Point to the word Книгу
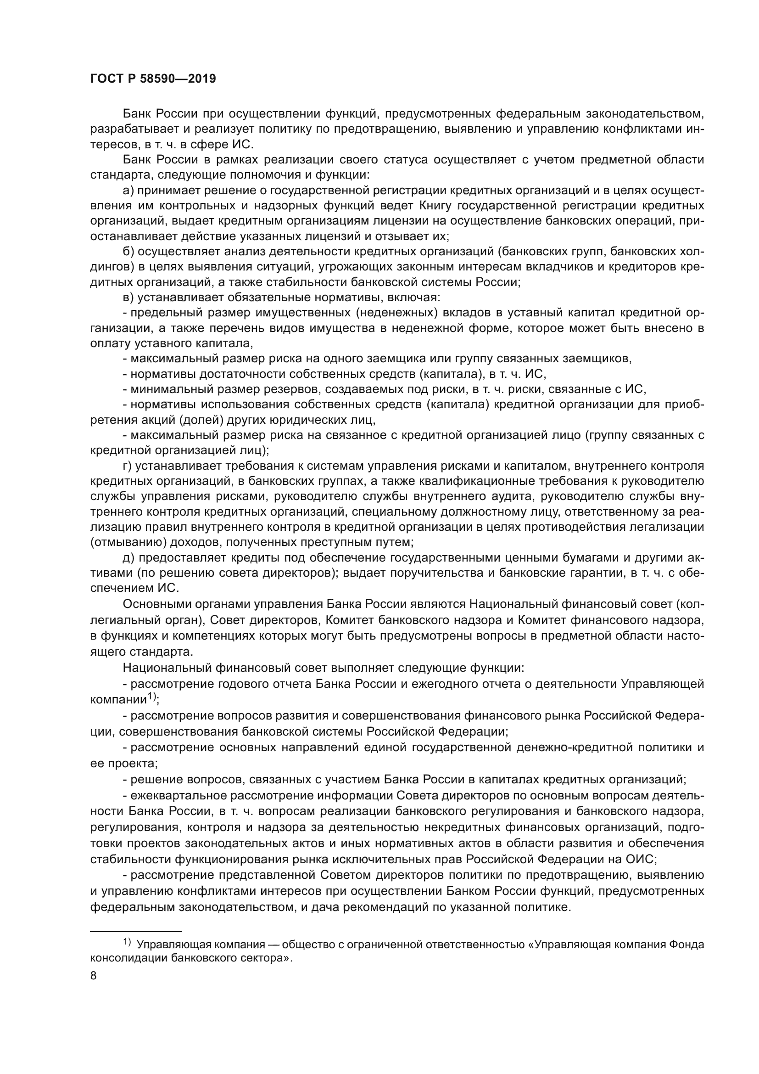coord(437,205)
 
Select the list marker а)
coord(128,191)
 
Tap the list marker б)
coord(128,252)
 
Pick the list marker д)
coord(128,558)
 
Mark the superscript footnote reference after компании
coord(152,697)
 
